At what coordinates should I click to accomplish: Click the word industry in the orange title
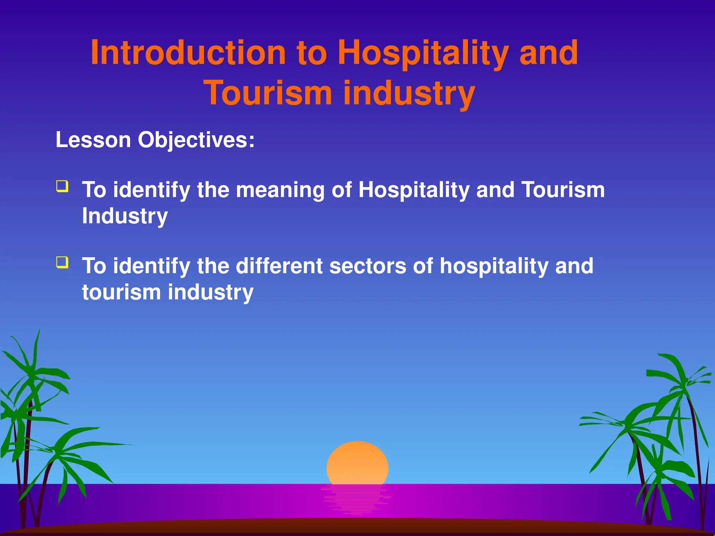409,94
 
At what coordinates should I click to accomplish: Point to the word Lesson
93,140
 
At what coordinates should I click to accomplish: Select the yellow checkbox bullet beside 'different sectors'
62,262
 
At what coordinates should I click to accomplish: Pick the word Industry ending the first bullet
125,216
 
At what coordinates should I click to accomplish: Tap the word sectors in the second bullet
368,266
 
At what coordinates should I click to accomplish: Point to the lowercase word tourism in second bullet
121,292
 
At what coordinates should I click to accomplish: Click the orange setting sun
357,463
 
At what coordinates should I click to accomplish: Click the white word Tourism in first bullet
563,190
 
